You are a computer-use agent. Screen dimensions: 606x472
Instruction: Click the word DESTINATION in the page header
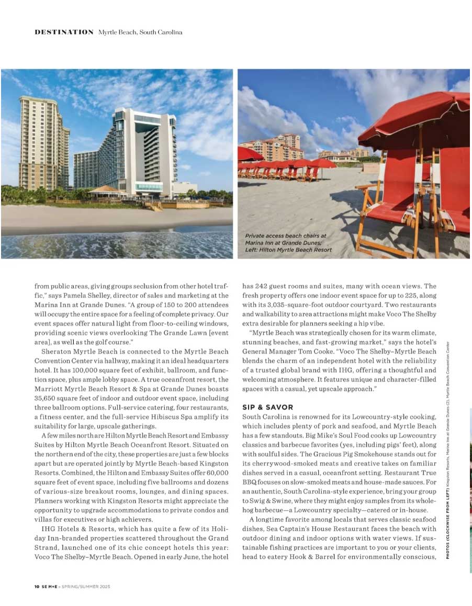pyautogui.click(x=64, y=32)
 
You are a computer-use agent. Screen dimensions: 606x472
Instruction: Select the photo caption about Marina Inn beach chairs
pyautogui.click(x=288, y=243)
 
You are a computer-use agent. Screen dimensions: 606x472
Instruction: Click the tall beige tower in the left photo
pyautogui.click(x=43, y=144)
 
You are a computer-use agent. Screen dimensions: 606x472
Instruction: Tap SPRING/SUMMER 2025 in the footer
pyautogui.click(x=85, y=587)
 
